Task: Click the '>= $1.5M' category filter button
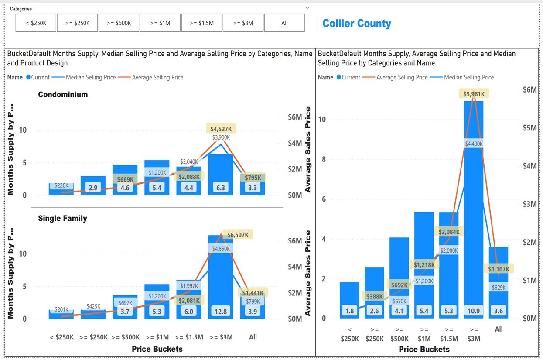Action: click(x=201, y=23)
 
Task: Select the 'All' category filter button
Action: click(x=284, y=23)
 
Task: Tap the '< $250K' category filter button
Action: click(x=36, y=23)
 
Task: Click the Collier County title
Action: click(x=357, y=24)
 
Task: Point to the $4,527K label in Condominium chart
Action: click(x=221, y=129)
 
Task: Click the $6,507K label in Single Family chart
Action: click(x=238, y=235)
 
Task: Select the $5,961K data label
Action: click(x=474, y=94)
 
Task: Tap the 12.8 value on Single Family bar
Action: click(x=221, y=312)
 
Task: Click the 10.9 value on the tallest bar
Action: click(x=474, y=311)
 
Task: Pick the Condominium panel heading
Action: click(x=63, y=94)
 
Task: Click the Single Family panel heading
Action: click(x=62, y=218)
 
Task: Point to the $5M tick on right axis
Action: click(x=530, y=128)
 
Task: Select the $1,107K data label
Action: click(x=499, y=269)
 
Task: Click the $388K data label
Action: click(x=375, y=296)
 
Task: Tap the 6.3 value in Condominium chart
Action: click(x=221, y=188)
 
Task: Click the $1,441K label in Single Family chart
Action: click(x=253, y=293)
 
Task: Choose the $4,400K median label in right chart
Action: click(x=474, y=144)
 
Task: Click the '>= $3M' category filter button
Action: click(x=243, y=23)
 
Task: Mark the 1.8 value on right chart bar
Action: click(x=349, y=311)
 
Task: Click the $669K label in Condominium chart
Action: click(x=125, y=179)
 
